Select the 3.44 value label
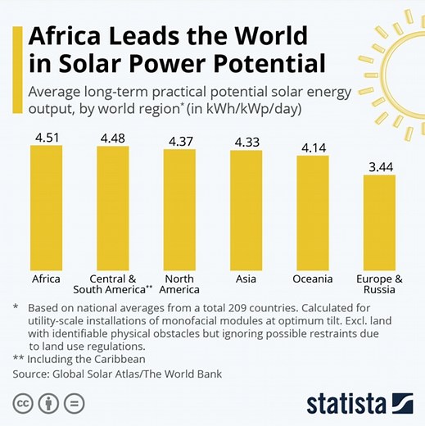coord(379,165)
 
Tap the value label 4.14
coord(313,147)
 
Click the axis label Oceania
coord(313,279)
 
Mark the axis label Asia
coord(246,279)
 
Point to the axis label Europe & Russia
coord(379,284)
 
